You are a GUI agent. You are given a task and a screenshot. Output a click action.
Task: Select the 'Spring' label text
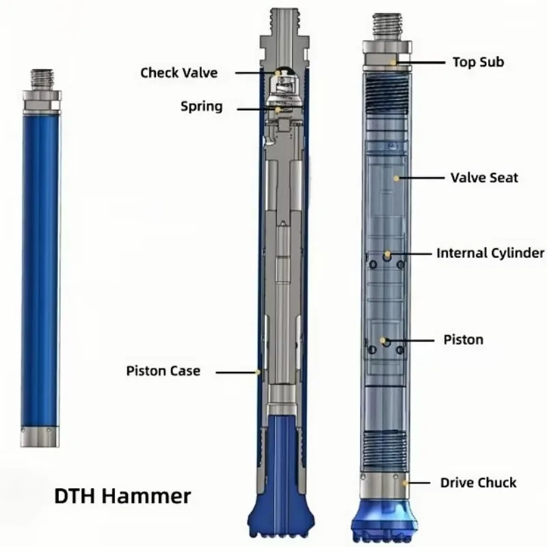(x=201, y=106)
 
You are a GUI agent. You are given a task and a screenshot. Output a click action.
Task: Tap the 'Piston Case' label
(x=163, y=371)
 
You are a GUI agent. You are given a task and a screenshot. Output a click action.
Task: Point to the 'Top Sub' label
(x=478, y=62)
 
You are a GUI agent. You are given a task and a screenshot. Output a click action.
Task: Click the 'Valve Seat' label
(x=484, y=178)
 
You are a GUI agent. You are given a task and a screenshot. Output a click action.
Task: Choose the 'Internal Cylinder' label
(x=490, y=253)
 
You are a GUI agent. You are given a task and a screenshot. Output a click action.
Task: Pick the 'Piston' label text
(x=464, y=340)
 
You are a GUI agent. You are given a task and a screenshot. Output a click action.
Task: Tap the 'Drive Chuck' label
(x=478, y=483)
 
